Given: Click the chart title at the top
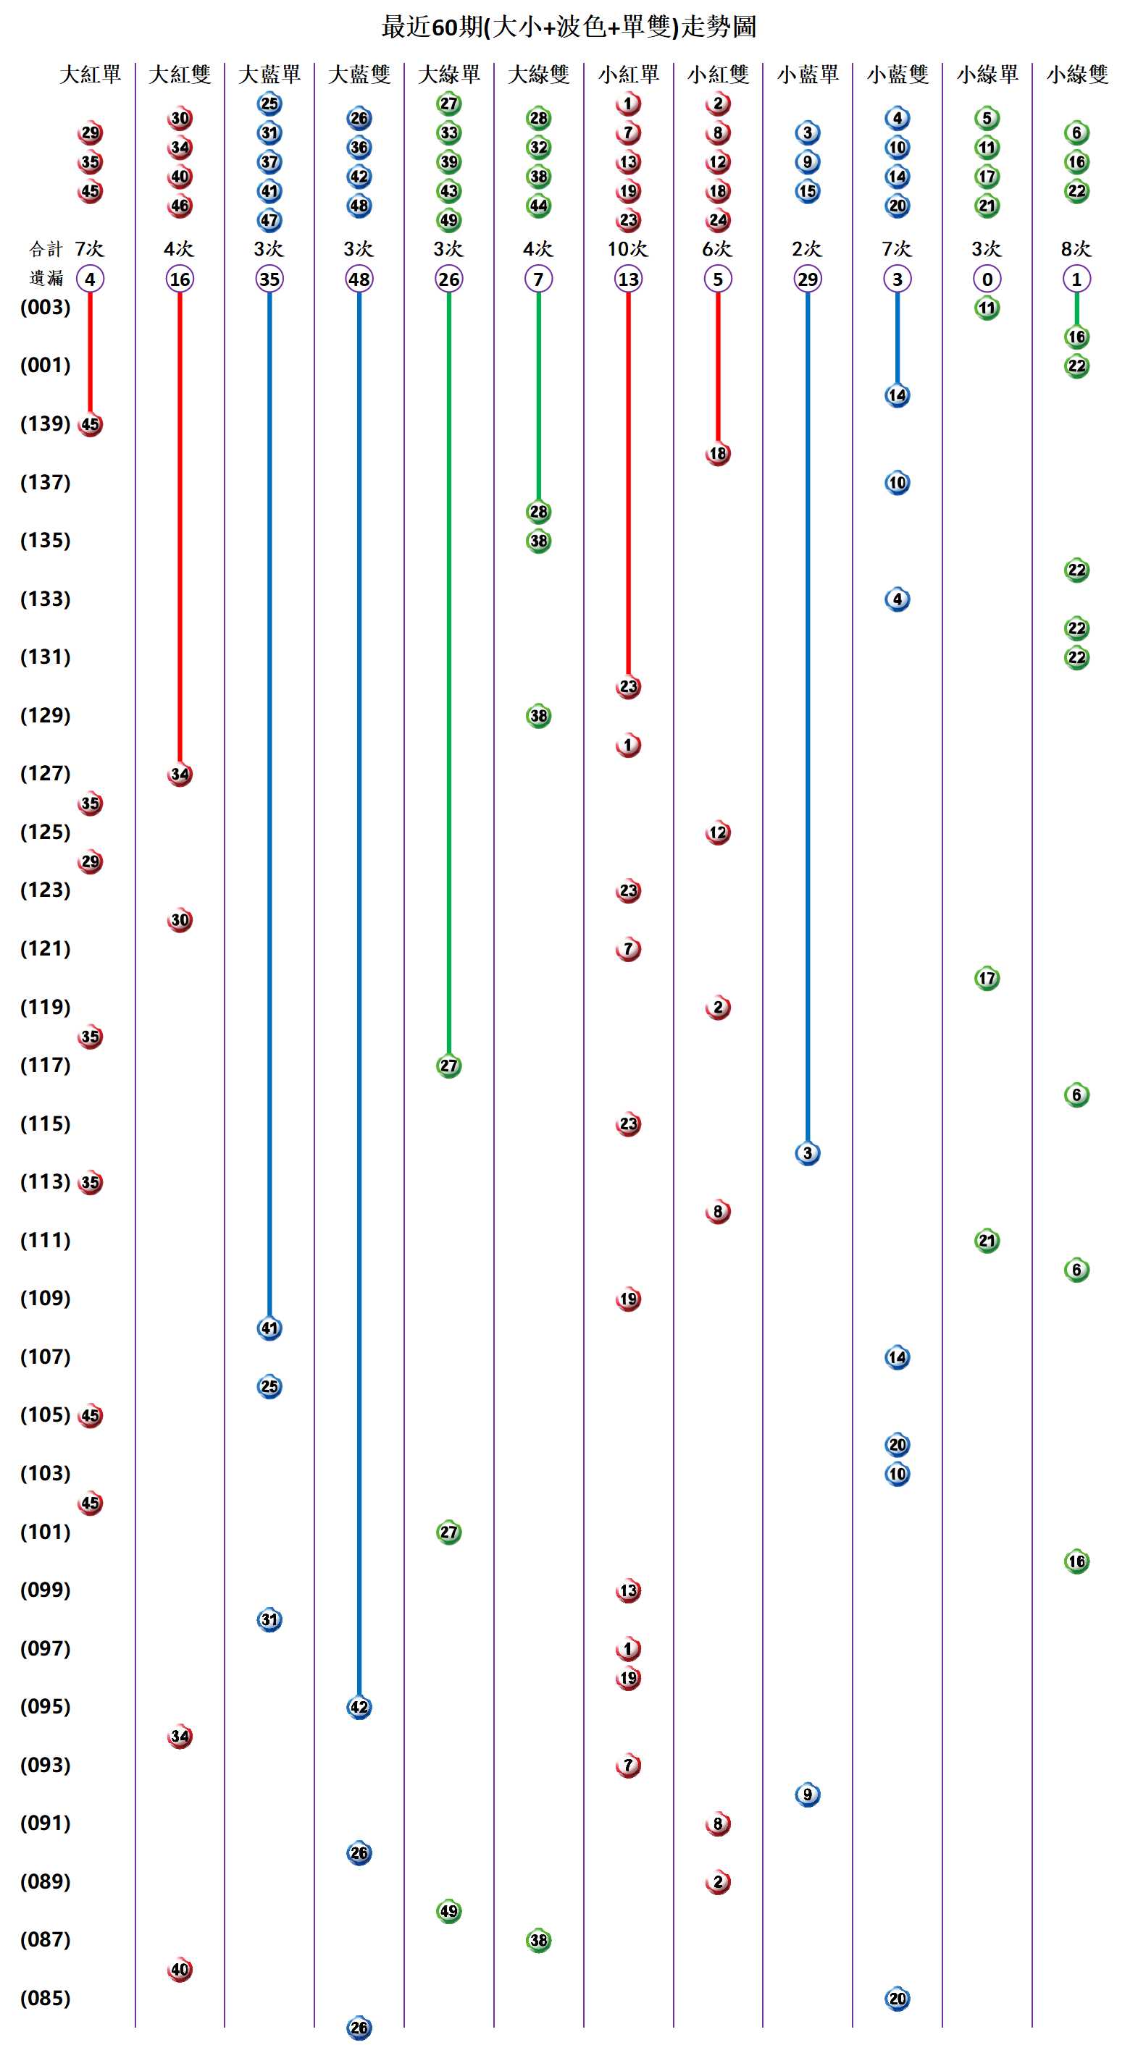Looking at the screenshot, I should (x=569, y=27).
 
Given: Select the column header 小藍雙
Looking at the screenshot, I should (x=898, y=75).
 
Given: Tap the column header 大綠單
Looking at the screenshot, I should (x=448, y=75).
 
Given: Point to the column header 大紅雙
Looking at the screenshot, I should (x=180, y=75).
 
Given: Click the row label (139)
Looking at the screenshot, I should (x=45, y=423).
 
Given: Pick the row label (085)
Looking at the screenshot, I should (x=45, y=1997).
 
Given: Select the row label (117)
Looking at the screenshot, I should (x=45, y=1065).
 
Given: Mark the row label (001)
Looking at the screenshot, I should (x=45, y=365).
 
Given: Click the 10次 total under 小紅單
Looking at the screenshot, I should (x=627, y=249).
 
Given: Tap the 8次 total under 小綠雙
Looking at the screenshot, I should (x=1076, y=249).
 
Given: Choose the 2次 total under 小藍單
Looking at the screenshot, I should (x=807, y=249).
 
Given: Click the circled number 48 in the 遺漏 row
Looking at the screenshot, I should (x=359, y=279).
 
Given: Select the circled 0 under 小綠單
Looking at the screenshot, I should (x=987, y=279).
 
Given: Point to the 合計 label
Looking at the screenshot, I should (x=45, y=249).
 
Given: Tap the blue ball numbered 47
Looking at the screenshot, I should (x=270, y=220).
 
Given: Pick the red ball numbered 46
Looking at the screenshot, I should (x=180, y=206).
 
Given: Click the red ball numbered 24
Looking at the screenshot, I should (x=718, y=220).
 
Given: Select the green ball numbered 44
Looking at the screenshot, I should (x=538, y=206).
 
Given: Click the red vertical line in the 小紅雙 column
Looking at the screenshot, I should (x=718, y=365).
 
